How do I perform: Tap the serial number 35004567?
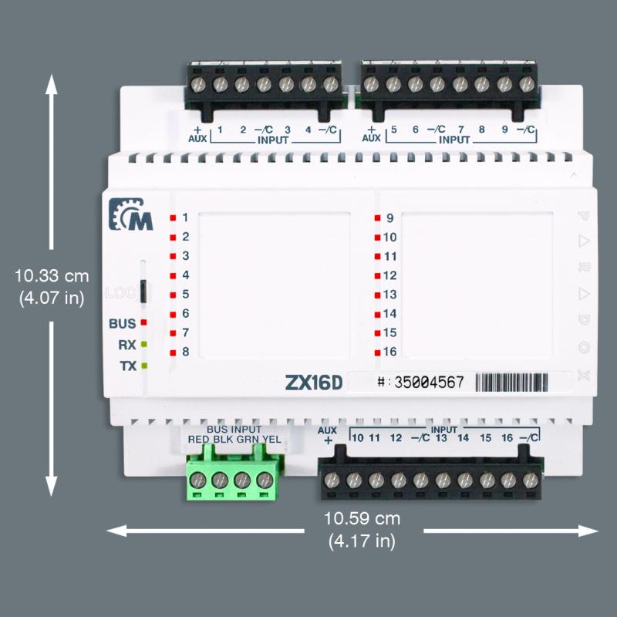point(429,382)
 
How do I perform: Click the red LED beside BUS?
point(143,324)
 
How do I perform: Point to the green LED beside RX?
point(143,345)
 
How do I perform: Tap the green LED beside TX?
point(143,366)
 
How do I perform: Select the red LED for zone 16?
point(377,352)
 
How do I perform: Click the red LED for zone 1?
point(174,218)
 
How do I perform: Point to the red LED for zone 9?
point(377,218)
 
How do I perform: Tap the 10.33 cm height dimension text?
point(52,275)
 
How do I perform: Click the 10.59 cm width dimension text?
point(362,518)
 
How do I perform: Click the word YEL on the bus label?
point(272,440)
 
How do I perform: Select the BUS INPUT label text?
point(234,429)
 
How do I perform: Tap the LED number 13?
point(389,295)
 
